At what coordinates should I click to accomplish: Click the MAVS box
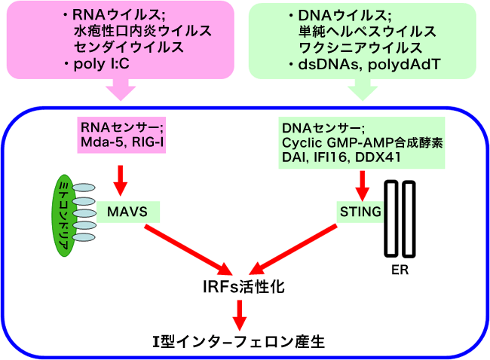[128, 212]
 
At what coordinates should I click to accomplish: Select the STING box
[360, 212]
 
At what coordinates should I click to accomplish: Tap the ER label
[400, 270]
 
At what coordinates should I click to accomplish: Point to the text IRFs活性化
[243, 287]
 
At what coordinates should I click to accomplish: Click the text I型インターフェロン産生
[239, 342]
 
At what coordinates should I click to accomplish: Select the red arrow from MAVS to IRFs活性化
[188, 249]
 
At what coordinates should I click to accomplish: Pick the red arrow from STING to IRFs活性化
[293, 249]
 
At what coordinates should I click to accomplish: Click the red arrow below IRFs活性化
[240, 315]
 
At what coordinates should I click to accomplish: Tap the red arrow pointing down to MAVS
[121, 181]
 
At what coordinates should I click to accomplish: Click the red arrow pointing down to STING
[363, 186]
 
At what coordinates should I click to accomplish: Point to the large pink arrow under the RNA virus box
[121, 90]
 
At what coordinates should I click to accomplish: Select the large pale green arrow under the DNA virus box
[363, 90]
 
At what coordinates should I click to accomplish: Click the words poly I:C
[101, 64]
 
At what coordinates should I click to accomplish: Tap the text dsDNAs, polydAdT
[369, 64]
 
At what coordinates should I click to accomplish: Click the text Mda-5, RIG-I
[122, 142]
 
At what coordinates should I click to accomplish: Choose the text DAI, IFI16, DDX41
[341, 157]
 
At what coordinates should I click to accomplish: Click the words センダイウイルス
[129, 47]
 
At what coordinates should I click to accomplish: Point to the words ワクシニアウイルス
[360, 47]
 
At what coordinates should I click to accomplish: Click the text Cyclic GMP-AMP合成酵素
[363, 142]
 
